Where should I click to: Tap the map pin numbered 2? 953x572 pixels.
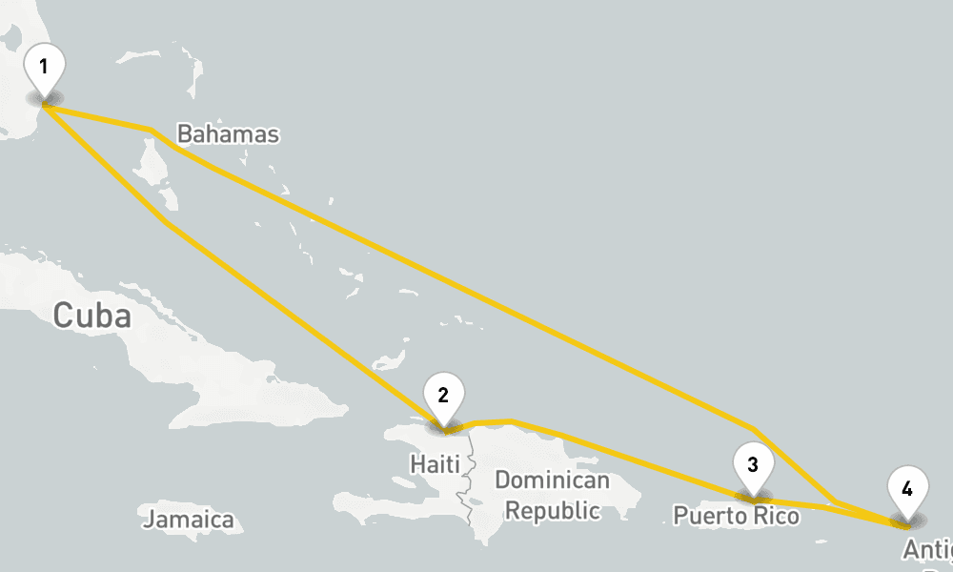[x=443, y=398]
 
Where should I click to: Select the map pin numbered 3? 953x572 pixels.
[x=753, y=469]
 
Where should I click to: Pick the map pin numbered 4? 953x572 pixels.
[x=906, y=494]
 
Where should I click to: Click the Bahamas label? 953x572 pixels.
[x=229, y=134]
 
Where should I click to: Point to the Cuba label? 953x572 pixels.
[x=91, y=316]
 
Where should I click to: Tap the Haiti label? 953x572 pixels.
[x=434, y=464]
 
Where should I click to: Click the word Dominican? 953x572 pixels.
[x=552, y=480]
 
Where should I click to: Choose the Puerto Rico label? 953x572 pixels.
[x=736, y=516]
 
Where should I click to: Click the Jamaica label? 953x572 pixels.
[x=188, y=520]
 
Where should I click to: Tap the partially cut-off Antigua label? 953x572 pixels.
[x=927, y=550]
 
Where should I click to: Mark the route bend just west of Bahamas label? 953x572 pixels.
[x=151, y=129]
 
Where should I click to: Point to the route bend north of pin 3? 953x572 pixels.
[x=754, y=429]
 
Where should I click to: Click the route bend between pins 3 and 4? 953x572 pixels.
[x=834, y=501]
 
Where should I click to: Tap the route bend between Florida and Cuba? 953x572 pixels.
[x=167, y=223]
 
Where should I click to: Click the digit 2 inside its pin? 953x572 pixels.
[x=443, y=394]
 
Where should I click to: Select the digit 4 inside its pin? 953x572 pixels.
[x=906, y=489]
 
